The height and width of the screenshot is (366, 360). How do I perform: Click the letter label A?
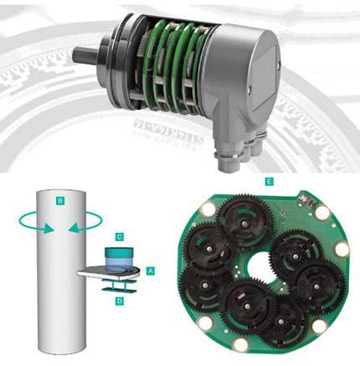coord(150,271)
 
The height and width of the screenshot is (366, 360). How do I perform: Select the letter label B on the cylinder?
coord(60,201)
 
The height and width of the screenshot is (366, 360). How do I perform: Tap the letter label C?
coord(120,238)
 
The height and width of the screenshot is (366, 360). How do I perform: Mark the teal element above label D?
coord(120,285)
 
